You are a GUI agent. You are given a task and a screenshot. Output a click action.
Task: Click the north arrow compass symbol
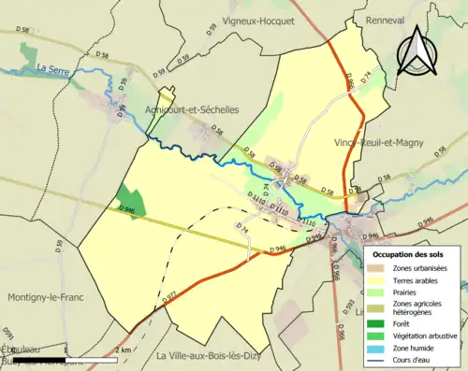(419, 51)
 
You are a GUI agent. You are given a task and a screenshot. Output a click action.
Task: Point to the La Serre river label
(55, 69)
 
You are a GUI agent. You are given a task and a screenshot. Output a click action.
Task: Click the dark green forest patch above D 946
(130, 199)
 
